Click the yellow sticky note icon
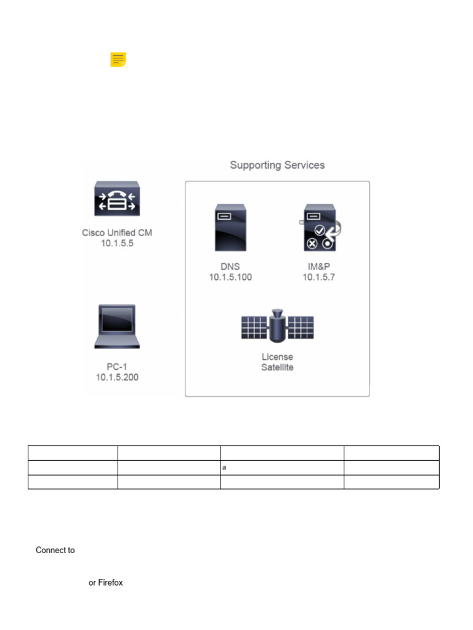coord(118,60)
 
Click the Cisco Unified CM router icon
coord(117,198)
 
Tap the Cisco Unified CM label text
coord(117,233)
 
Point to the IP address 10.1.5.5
coord(117,243)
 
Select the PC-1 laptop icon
coord(117,325)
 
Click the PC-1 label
coord(117,367)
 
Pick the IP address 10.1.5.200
coord(117,377)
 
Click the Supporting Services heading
coord(277,165)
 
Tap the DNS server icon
coord(230,228)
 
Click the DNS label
coord(230,266)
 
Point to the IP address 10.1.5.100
coord(230,277)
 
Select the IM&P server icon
coord(320,228)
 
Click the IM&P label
coord(318,266)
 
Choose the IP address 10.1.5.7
coord(318,277)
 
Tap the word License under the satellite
coord(277,357)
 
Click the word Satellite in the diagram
coord(277,367)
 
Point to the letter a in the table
coord(224,468)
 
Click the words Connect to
coord(55,550)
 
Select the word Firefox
coord(110,583)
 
